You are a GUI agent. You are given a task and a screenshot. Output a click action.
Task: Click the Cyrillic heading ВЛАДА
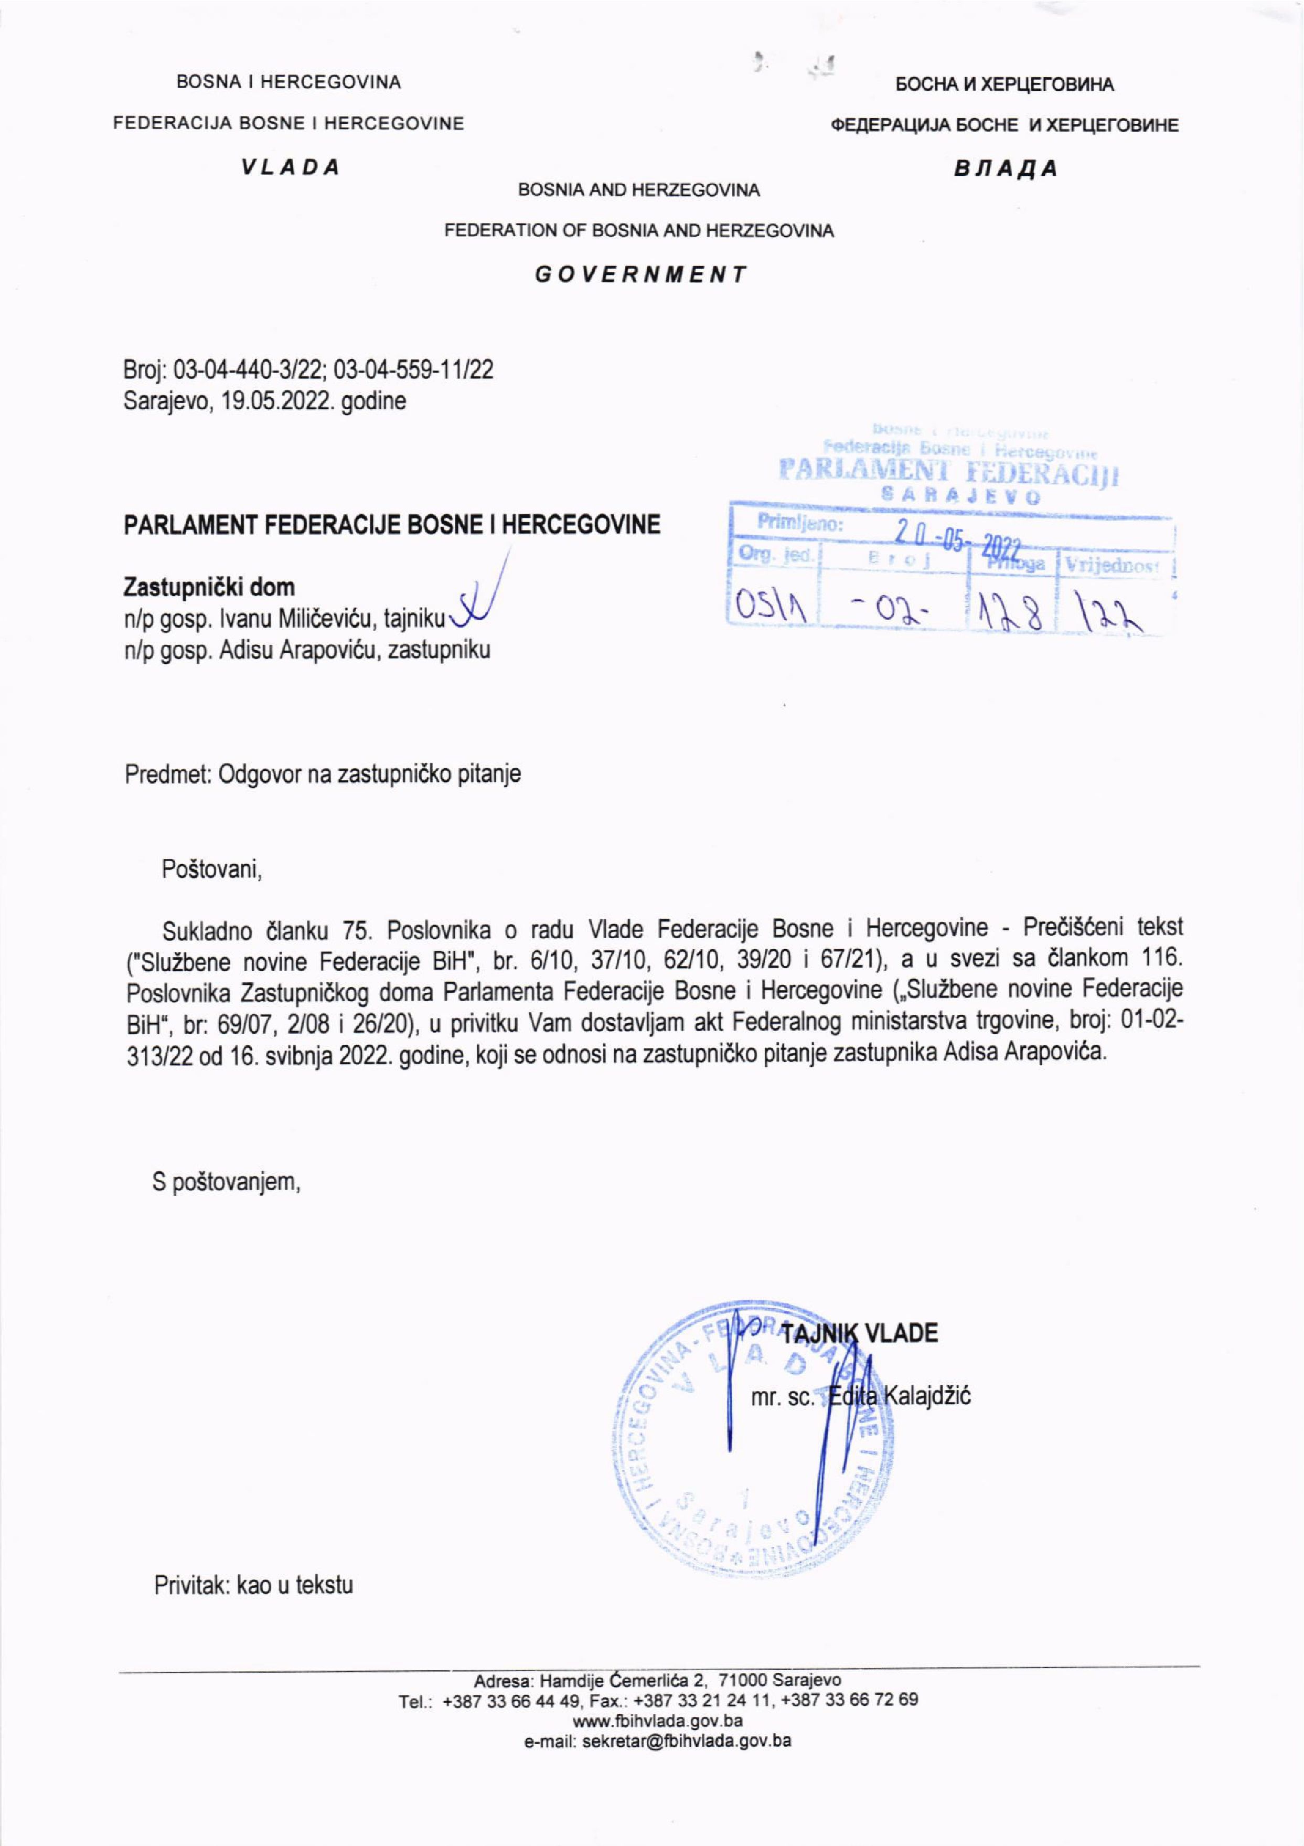pyautogui.click(x=1005, y=169)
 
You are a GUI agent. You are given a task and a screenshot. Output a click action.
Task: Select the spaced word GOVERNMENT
pyautogui.click(x=641, y=274)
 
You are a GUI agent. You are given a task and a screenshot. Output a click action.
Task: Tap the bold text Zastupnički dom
pyautogui.click(x=208, y=588)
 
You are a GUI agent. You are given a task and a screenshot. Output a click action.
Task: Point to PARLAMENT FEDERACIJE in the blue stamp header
pyautogui.click(x=949, y=471)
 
